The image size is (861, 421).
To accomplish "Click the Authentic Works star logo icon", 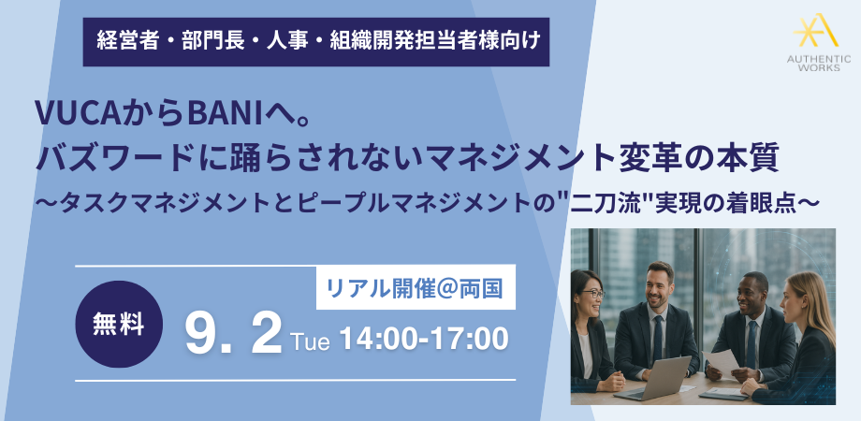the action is tap(815, 31).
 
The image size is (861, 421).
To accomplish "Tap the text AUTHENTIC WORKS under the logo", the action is tap(819, 63).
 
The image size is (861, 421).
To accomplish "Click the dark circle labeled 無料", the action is tap(119, 324).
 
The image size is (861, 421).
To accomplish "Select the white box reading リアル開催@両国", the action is tap(416, 287).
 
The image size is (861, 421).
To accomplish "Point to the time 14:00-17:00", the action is tap(423, 340).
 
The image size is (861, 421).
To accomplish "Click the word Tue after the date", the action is tap(312, 341).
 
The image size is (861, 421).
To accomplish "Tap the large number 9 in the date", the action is tap(200, 336).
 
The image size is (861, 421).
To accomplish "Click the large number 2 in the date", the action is tap(267, 336).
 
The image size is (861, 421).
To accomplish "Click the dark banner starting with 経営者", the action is tap(316, 42).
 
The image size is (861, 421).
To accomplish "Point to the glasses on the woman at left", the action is tap(591, 294).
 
